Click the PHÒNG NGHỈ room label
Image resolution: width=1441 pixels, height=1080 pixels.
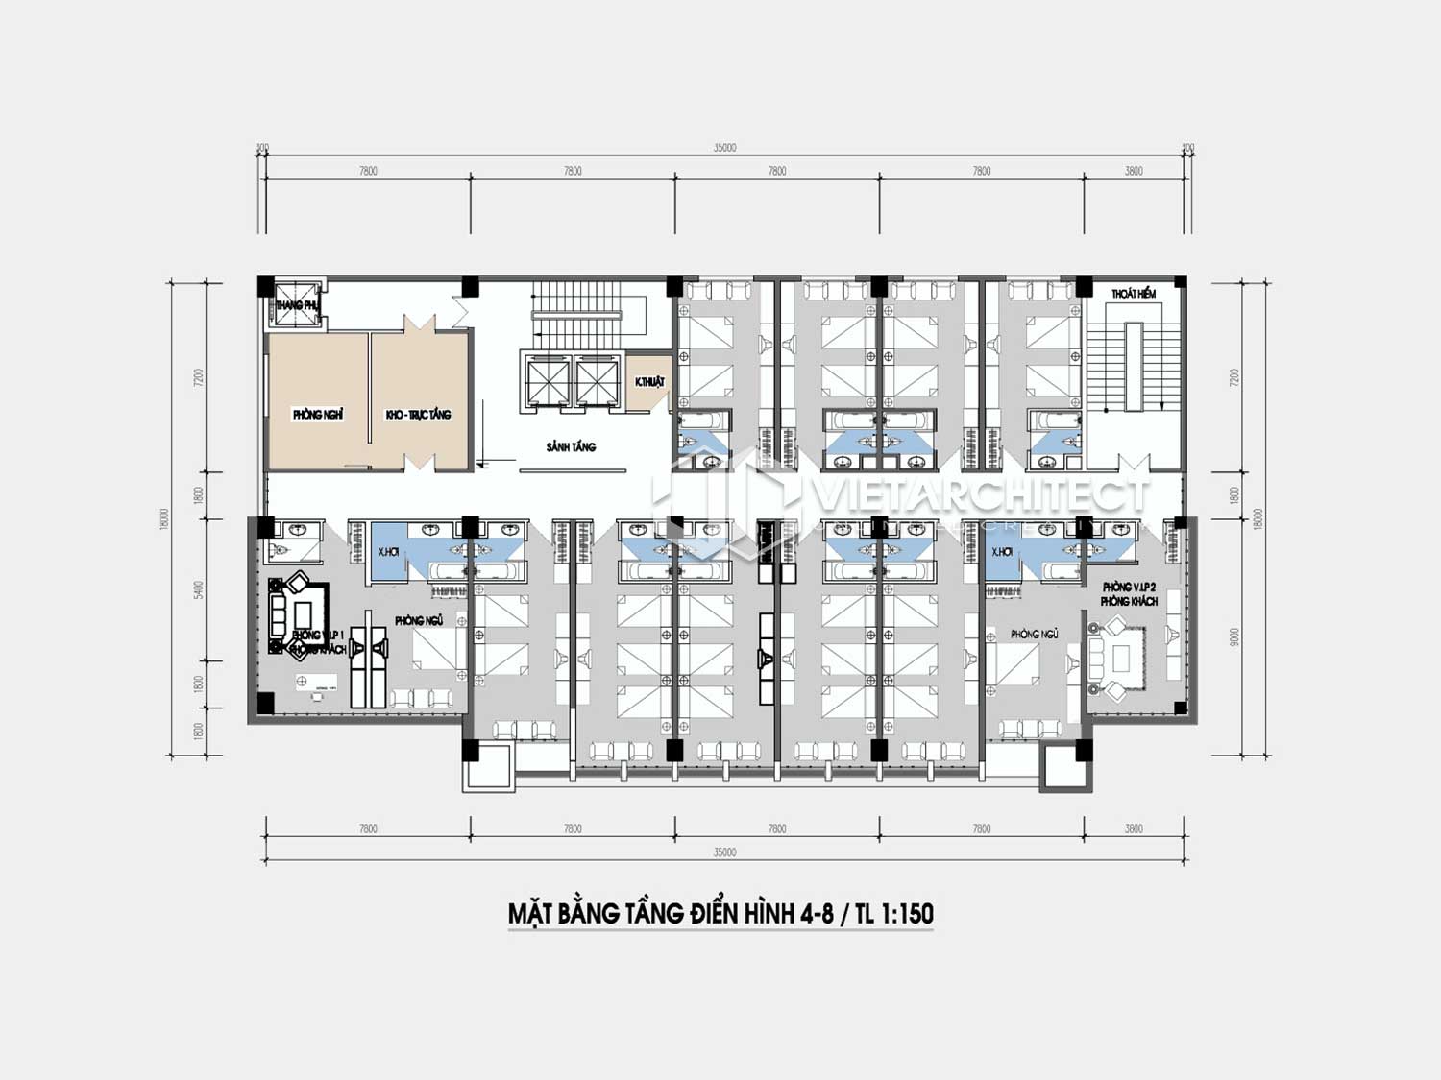tap(318, 415)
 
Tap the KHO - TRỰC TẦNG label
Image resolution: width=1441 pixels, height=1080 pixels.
tap(418, 415)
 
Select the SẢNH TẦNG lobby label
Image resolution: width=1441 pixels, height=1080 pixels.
tap(571, 446)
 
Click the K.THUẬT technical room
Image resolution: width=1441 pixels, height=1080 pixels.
tap(649, 382)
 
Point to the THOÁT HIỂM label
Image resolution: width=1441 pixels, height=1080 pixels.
tap(1134, 294)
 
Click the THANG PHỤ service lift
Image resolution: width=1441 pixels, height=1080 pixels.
tap(295, 304)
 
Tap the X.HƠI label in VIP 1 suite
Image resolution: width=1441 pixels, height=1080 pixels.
tap(388, 552)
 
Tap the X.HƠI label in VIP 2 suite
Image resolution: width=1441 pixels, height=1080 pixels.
tap(1001, 552)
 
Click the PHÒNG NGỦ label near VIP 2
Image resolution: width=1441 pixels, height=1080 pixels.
tap(1034, 635)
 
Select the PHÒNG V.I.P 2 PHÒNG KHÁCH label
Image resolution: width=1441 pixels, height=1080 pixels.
tap(1130, 593)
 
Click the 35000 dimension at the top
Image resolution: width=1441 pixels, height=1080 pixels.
tap(724, 148)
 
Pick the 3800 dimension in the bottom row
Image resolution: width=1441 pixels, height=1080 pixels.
tap(1134, 828)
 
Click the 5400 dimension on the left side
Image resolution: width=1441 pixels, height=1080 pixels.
tap(199, 589)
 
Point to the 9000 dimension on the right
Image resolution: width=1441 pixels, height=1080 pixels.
tap(1234, 636)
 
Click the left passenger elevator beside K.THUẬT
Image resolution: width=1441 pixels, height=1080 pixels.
tap(544, 380)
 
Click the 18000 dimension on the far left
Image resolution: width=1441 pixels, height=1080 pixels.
tap(164, 518)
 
